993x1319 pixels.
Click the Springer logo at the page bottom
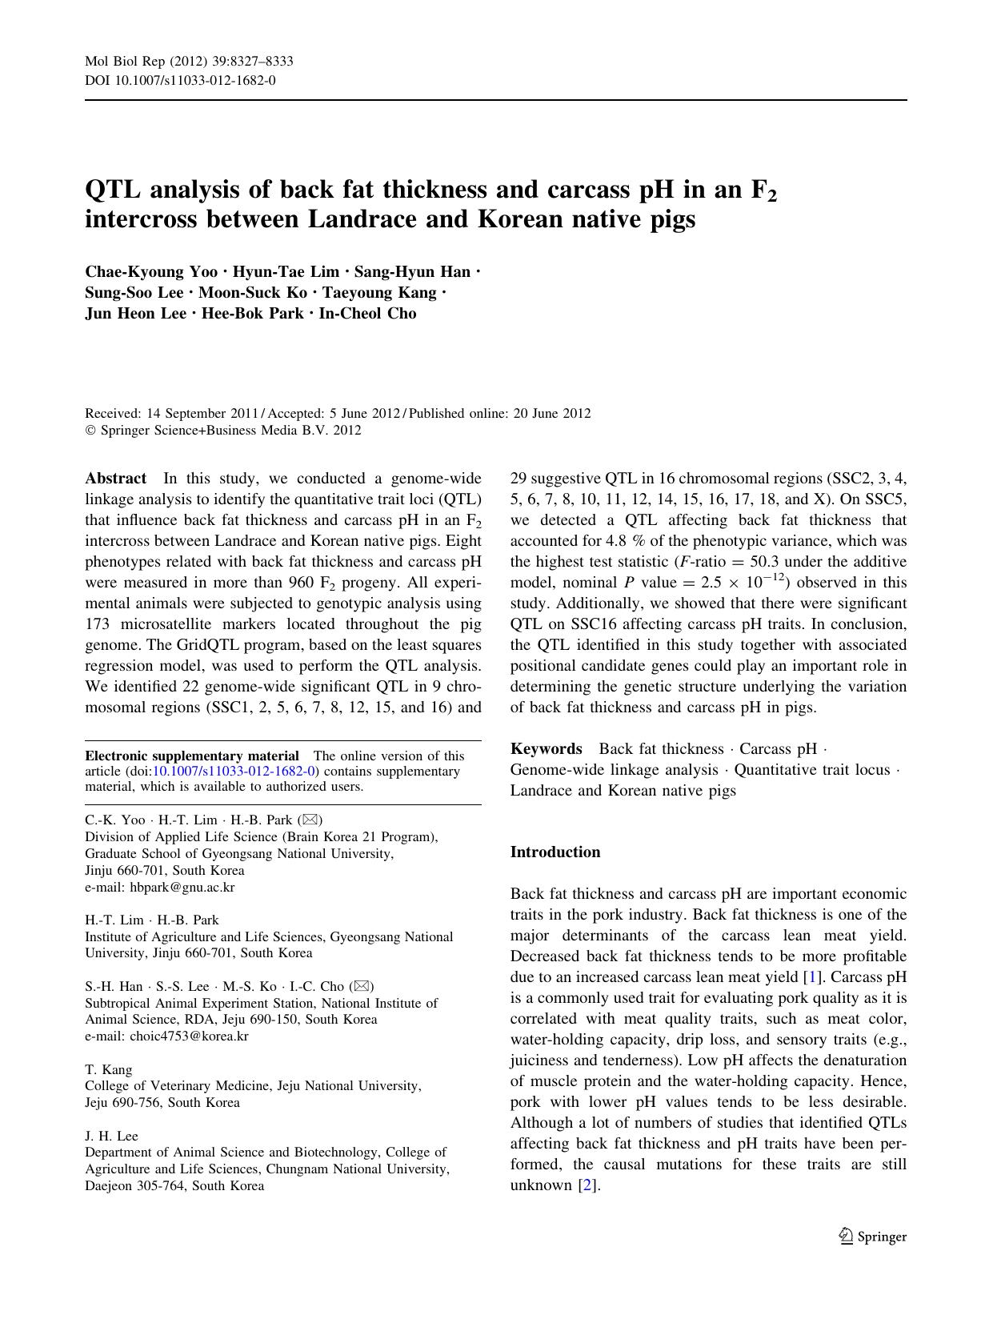point(872,1237)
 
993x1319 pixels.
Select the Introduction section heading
point(555,852)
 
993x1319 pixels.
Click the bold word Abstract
point(115,479)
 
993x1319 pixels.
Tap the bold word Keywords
point(546,748)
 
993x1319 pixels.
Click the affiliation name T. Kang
point(109,1069)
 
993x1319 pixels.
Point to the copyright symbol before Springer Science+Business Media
point(90,431)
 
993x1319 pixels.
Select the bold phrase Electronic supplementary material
point(192,756)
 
